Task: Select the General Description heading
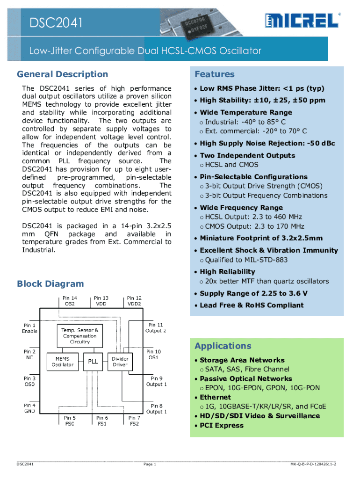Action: click(x=62, y=74)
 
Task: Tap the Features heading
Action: click(x=215, y=74)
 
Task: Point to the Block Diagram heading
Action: click(x=50, y=283)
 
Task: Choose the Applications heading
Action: click(x=223, y=346)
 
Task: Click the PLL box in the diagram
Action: click(x=93, y=361)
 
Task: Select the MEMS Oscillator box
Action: click(x=62, y=361)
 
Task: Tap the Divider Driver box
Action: click(x=120, y=361)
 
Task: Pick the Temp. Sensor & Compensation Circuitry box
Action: click(x=80, y=335)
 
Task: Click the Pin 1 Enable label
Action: click(x=29, y=328)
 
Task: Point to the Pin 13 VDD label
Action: click(x=101, y=300)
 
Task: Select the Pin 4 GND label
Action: click(x=29, y=408)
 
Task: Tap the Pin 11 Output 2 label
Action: click(x=156, y=327)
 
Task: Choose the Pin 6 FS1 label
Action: click(x=102, y=421)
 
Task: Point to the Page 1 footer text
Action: click(x=150, y=464)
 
